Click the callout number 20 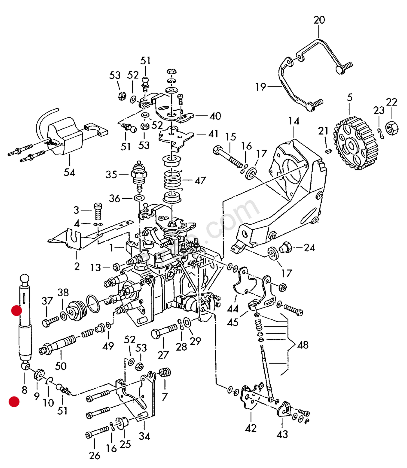(x=319, y=20)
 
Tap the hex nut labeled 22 (x=392, y=128)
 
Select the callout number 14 (x=293, y=121)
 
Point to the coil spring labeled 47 (x=172, y=180)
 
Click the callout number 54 (x=69, y=172)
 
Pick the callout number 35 (x=111, y=174)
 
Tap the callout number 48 (x=303, y=345)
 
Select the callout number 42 (x=251, y=428)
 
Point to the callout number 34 (x=144, y=436)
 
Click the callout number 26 (x=94, y=455)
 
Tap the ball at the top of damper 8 (x=25, y=279)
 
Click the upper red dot (x=16, y=311)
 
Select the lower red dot (x=14, y=402)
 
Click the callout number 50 (x=61, y=366)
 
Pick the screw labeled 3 (x=98, y=211)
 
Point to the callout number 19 (x=261, y=87)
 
